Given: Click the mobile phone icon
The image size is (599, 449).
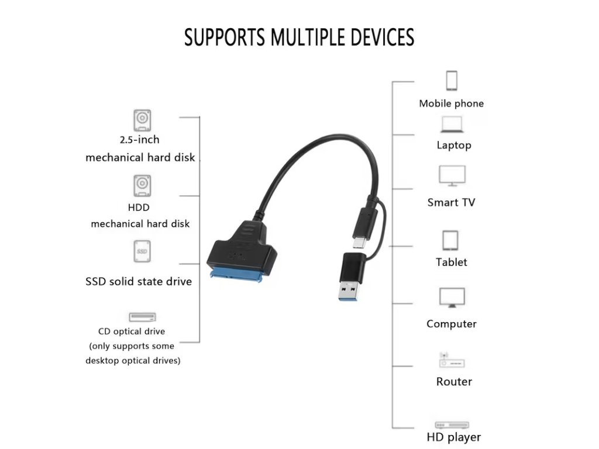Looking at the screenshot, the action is (452, 81).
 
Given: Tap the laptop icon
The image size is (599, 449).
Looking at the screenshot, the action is (452, 124).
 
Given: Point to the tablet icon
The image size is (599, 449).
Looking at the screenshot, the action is (450, 240).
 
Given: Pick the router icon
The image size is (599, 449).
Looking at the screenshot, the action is (452, 360).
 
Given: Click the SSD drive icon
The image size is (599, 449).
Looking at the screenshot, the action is (141, 251).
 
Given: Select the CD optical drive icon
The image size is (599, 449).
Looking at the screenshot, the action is (142, 317).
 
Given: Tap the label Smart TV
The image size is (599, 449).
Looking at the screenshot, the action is (451, 203).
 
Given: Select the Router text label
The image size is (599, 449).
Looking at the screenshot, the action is (454, 382).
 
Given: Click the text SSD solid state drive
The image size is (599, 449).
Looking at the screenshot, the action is (139, 281).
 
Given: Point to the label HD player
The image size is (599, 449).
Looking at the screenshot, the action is (453, 437).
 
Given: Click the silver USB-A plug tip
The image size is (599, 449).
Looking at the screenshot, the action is (349, 291).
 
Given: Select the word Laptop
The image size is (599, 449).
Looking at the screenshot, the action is (453, 145).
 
